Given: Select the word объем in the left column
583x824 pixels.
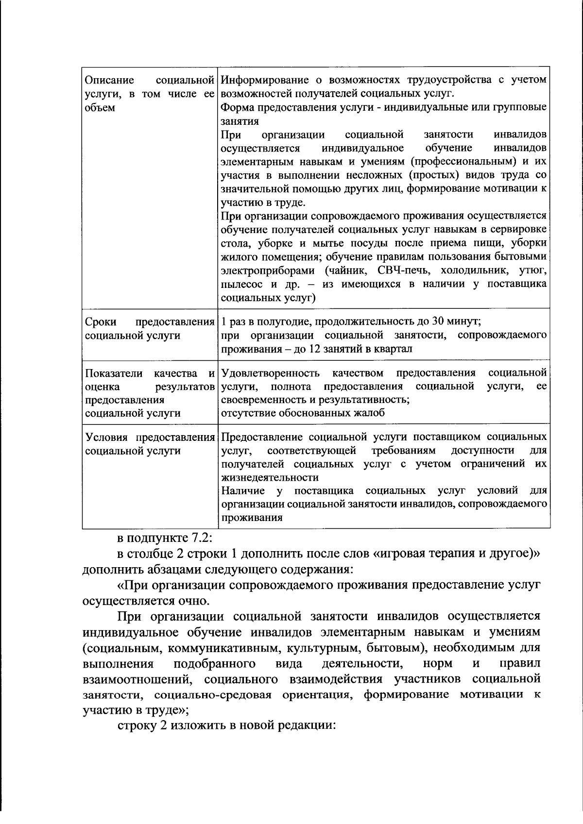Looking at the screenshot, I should point(101,107).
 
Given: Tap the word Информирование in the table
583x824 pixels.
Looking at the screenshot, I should point(257,80).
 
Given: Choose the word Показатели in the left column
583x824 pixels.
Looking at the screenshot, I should point(114,373).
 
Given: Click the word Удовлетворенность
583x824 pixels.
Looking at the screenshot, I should point(270,373).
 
